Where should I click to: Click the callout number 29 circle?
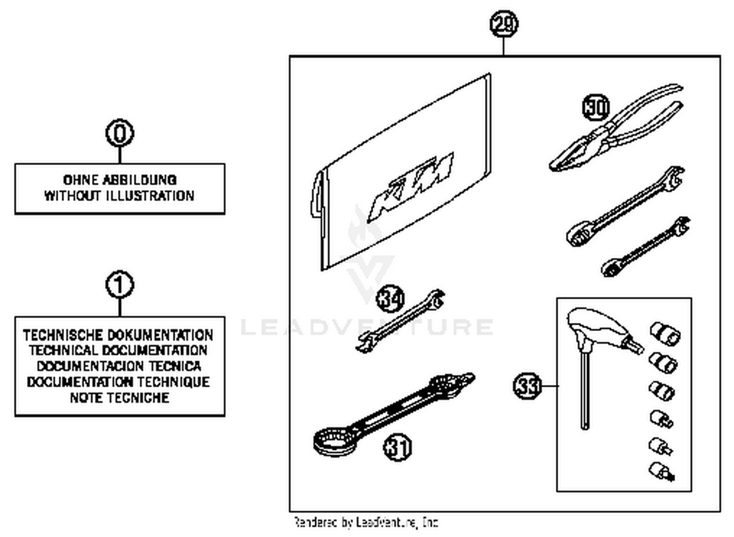pyautogui.click(x=504, y=24)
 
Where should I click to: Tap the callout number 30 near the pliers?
pyautogui.click(x=596, y=107)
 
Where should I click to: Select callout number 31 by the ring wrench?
pyautogui.click(x=397, y=447)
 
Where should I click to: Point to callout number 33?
pyautogui.click(x=527, y=386)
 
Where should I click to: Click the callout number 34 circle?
pyautogui.click(x=390, y=298)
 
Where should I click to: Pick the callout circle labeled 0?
pyautogui.click(x=119, y=133)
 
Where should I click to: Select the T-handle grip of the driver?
pyautogui.click(x=595, y=325)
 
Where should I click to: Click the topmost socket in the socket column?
pyautogui.click(x=665, y=333)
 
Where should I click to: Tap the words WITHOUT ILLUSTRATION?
pyautogui.click(x=119, y=196)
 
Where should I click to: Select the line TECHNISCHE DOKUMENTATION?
pyautogui.click(x=118, y=335)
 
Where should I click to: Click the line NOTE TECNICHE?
pyautogui.click(x=119, y=398)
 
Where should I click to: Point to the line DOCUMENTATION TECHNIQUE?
pyautogui.click(x=118, y=382)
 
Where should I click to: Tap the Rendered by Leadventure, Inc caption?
pyautogui.click(x=366, y=522)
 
